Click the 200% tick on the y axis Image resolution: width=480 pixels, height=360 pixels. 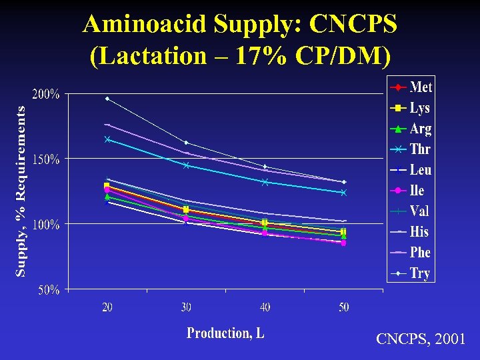pos(46,95)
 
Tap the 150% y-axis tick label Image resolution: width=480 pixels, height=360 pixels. pos(46,160)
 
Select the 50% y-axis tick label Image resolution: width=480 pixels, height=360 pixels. pos(49,290)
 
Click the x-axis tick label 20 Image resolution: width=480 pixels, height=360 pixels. pos(107,307)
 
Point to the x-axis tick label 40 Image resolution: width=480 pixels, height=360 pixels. pos(265,307)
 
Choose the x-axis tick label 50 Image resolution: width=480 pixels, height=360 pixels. pos(343,307)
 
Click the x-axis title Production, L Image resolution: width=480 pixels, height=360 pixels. pos(225,333)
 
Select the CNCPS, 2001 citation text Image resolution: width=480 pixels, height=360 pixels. pos(421,340)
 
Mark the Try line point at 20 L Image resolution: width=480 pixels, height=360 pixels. pos(107,99)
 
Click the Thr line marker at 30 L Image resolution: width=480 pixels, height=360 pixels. pos(186,165)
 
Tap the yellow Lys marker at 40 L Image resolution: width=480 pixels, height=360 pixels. pos(265,222)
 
